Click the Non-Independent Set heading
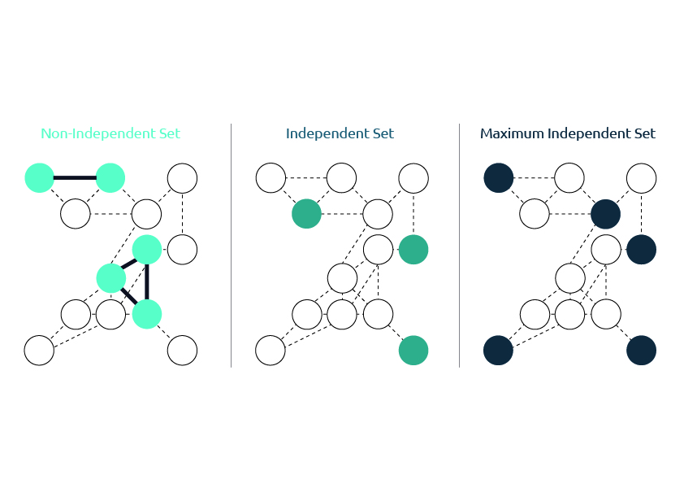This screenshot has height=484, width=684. coord(110,133)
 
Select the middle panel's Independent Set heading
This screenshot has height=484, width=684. coord(340,133)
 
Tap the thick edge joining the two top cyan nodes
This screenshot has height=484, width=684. coord(75,178)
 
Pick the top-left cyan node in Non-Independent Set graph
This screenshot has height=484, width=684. coord(39,178)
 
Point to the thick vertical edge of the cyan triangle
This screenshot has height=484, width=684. coord(147,281)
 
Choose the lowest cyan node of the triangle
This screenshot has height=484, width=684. coord(147,314)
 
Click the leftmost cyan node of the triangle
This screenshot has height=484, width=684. coord(111,278)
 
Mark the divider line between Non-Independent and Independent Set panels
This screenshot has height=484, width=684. coord(232,246)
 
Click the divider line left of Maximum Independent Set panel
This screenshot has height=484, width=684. coord(459,246)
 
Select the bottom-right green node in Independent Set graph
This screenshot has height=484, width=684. coord(413,351)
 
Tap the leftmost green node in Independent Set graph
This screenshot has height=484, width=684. coord(307,214)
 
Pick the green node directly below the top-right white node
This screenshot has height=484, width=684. coord(413,250)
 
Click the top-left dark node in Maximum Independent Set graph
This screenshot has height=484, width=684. coord(499,178)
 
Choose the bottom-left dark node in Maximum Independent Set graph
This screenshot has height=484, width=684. coord(498,351)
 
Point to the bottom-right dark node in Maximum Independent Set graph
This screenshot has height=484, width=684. coord(641,351)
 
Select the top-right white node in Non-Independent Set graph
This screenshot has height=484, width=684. coord(182,178)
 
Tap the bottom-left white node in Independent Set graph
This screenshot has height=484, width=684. coord(271,351)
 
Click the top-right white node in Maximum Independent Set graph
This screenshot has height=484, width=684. coord(641,178)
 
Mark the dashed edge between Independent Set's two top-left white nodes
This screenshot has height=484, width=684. coord(306,178)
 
